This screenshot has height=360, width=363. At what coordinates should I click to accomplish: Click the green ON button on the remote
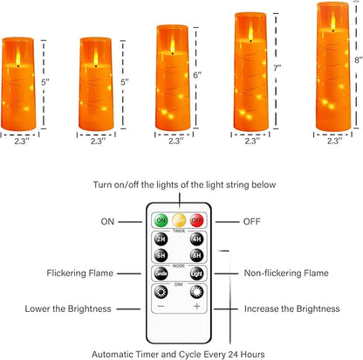tap(161, 220)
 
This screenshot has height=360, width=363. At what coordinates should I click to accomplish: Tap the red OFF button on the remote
tap(197, 220)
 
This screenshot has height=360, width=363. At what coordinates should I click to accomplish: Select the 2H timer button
tap(161, 239)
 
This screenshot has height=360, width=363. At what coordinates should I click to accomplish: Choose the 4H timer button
tap(197, 239)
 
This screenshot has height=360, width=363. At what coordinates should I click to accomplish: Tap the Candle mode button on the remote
tap(161, 273)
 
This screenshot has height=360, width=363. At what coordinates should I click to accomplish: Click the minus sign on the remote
tap(161, 306)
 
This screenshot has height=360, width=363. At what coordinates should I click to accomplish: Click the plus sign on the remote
tap(197, 306)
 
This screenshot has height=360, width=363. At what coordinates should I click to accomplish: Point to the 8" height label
tap(359, 60)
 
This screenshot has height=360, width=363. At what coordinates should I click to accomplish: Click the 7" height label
tap(277, 68)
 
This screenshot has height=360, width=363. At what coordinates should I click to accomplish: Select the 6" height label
tap(197, 75)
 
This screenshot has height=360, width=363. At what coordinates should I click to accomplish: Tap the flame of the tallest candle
tap(333, 22)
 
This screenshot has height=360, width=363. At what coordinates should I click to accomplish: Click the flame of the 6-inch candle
tap(173, 45)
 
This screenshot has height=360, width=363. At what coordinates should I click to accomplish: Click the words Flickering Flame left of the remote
tap(80, 273)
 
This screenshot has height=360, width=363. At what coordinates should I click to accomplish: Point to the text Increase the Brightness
tap(291, 308)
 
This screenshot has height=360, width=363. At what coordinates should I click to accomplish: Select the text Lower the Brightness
tap(68, 308)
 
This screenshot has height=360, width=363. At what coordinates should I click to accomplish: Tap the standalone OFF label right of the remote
tap(252, 222)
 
